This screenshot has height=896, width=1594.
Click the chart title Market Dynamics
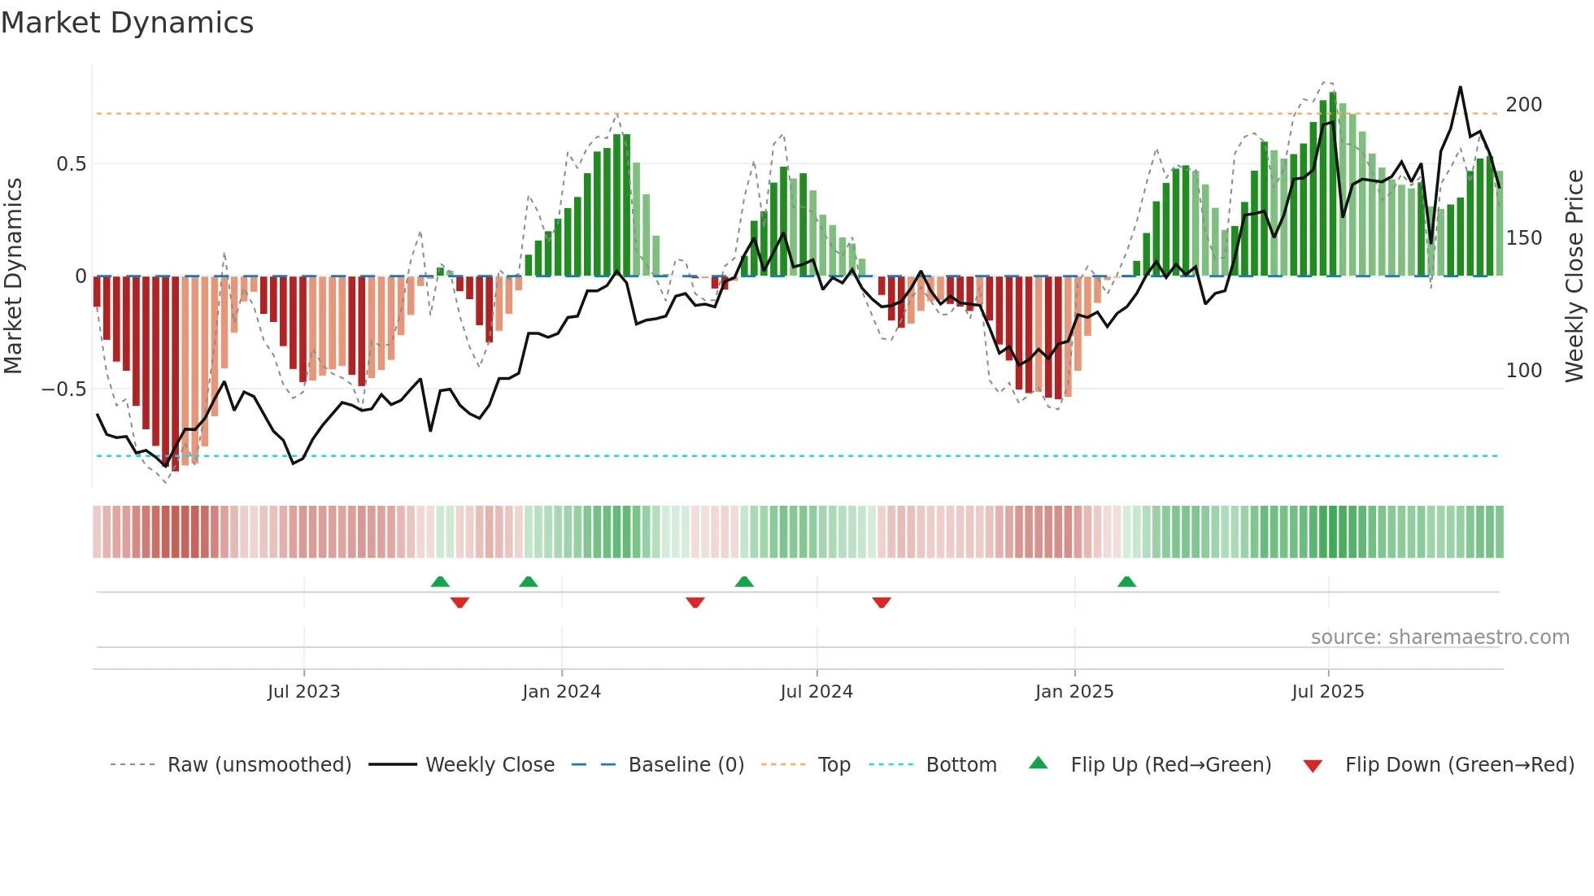point(127,23)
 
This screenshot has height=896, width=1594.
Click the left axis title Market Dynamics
point(13,276)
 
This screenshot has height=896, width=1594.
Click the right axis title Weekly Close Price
point(1574,276)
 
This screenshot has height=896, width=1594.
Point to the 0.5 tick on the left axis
point(71,164)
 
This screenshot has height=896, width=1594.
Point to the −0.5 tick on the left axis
point(64,389)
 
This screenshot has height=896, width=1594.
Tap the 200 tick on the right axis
point(1523,105)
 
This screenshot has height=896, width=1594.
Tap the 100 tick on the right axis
point(1523,371)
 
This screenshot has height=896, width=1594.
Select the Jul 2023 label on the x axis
point(303,692)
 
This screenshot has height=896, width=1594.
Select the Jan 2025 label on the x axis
point(1074,692)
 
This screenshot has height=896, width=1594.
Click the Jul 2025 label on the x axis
point(1327,692)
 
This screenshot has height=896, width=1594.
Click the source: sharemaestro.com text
point(1439,637)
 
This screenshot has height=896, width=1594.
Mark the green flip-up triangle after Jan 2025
point(1126,582)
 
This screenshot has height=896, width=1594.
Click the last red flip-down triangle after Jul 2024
point(882,602)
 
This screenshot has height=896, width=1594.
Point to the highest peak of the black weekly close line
point(1461,87)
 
